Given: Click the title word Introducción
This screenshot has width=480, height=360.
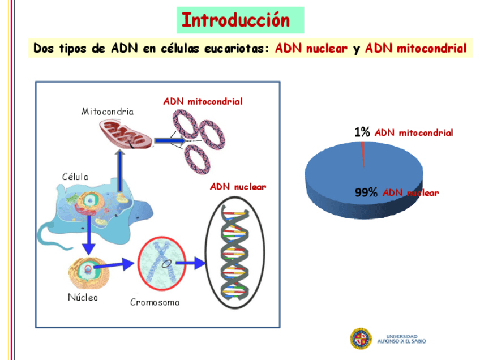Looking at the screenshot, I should click(235, 20).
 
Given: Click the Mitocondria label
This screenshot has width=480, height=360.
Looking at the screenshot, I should click(108, 112).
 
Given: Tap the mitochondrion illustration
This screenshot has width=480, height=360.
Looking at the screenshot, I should click(126, 134).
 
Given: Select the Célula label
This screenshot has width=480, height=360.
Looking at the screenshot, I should click(75, 177).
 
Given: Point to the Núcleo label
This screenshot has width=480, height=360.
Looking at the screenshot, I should click(83, 297).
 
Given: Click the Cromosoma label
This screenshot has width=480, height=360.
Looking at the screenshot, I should click(155, 302).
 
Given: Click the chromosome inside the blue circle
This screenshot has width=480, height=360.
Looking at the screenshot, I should click(161, 263).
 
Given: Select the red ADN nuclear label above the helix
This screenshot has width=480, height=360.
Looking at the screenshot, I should click(238, 186).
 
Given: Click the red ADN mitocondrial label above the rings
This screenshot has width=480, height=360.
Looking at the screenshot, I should click(203, 102).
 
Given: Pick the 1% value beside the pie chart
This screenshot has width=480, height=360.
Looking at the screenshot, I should click(362, 132).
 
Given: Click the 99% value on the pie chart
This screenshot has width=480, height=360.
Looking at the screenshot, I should click(366, 192).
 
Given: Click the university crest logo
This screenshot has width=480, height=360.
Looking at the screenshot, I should click(361, 338).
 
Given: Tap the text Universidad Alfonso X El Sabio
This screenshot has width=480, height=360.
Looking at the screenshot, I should click(401, 339).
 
